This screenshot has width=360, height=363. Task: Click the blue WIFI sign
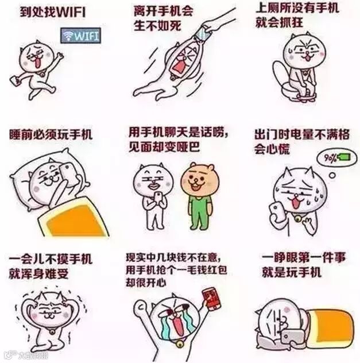click(81, 36)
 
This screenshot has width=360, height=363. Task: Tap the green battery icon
click(344, 157)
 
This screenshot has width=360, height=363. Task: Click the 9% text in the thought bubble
click(330, 158)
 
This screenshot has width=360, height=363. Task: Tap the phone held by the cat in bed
click(69, 172)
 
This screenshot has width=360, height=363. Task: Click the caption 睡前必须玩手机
click(51, 134)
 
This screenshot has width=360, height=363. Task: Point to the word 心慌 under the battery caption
click(278, 149)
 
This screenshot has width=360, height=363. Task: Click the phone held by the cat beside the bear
click(158, 197)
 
